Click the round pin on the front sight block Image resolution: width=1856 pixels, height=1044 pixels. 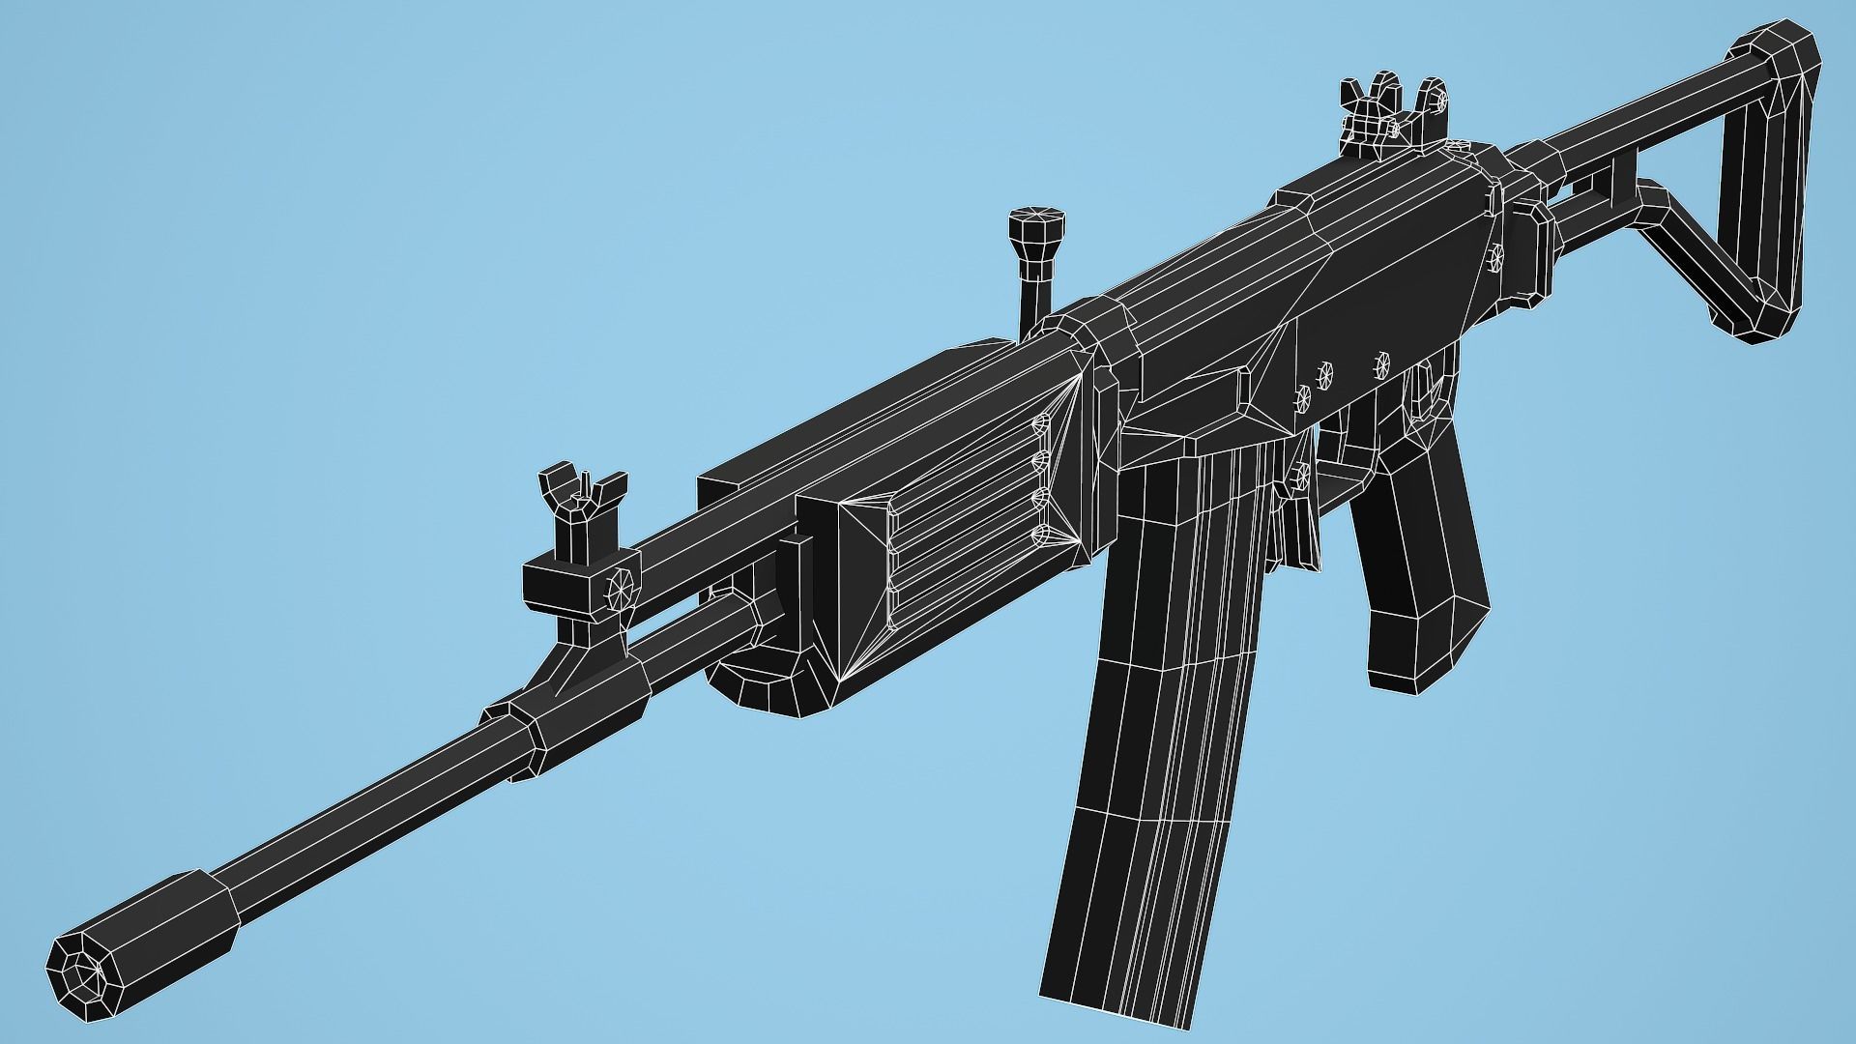coord(618,587)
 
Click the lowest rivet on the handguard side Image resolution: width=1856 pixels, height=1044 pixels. coord(1041,534)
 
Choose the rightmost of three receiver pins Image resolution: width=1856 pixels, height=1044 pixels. coord(1381,363)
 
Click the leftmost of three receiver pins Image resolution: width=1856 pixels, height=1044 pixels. coord(1302,395)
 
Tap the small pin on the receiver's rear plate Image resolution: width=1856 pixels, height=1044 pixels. coord(1497,256)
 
